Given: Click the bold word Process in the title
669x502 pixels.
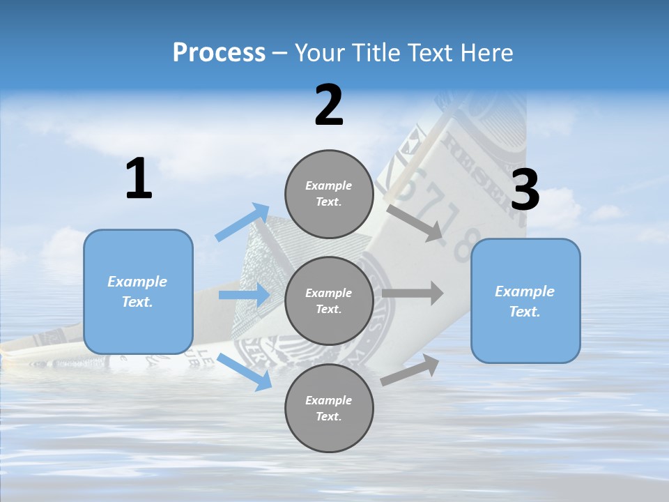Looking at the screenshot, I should point(219,52).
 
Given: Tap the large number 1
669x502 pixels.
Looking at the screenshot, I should point(139,179).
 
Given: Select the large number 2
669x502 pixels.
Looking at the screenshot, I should point(329,106).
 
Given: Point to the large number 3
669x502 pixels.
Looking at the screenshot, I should point(525,190).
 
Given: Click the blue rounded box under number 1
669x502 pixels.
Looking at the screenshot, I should point(138,291).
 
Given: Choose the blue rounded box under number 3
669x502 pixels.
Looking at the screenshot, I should point(525,301).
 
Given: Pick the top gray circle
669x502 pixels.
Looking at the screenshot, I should point(329,194).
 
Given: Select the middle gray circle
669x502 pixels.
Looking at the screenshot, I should point(329,301).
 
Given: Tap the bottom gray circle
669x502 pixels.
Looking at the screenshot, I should point(329,409).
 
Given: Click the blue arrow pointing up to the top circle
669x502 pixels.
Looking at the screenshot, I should point(243,222).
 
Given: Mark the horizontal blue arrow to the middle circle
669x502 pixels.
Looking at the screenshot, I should point(244,295).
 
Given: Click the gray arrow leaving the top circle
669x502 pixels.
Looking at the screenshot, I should point(415,222).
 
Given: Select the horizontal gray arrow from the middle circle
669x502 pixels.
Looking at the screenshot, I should point(413,293).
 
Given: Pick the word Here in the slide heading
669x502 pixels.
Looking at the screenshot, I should point(488,52).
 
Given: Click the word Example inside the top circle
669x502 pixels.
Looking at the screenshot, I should point(329,185).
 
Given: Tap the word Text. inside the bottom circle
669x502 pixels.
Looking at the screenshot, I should point(329,416).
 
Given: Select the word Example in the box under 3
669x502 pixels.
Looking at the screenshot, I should point(525,291).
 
